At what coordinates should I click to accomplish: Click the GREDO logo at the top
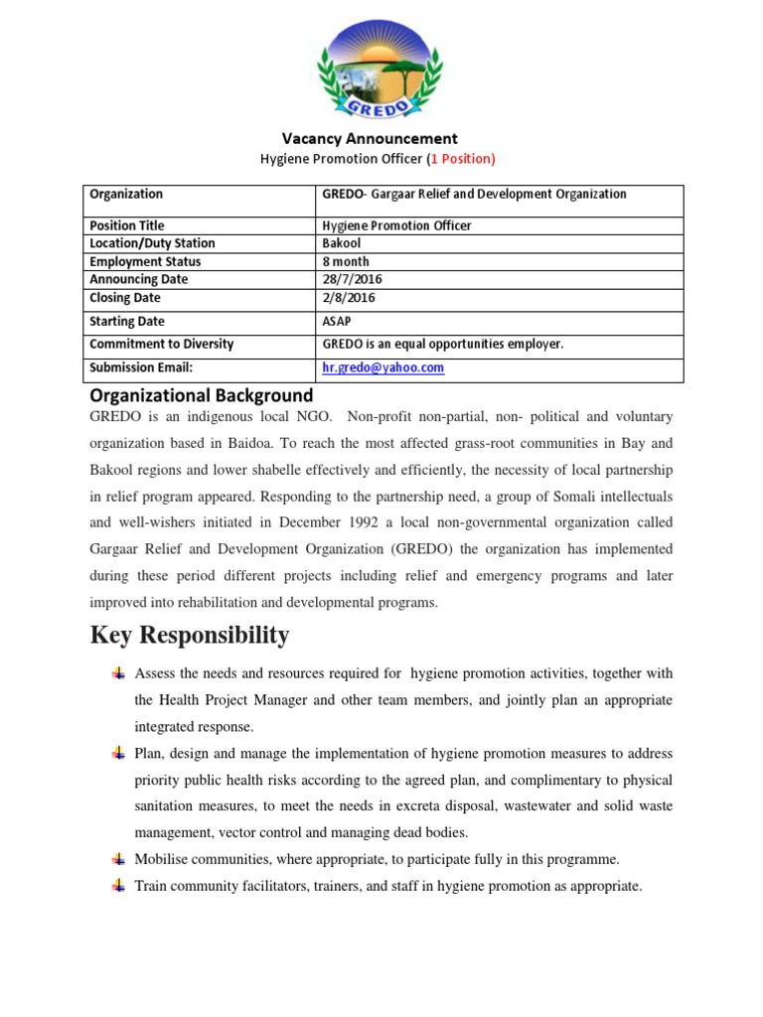coord(382,63)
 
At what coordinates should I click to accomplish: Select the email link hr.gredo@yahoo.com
coord(383,367)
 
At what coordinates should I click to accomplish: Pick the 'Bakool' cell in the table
coord(342,243)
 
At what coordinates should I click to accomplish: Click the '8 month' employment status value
coord(346,262)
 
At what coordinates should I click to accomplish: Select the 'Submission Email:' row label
coord(141,367)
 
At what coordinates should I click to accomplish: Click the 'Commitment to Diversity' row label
coord(162,344)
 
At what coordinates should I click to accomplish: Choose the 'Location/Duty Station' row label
coord(152,243)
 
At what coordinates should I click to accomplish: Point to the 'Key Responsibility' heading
coord(190,635)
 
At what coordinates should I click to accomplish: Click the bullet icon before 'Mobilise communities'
coord(118,858)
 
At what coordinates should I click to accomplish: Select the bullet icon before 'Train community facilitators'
coord(118,885)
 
